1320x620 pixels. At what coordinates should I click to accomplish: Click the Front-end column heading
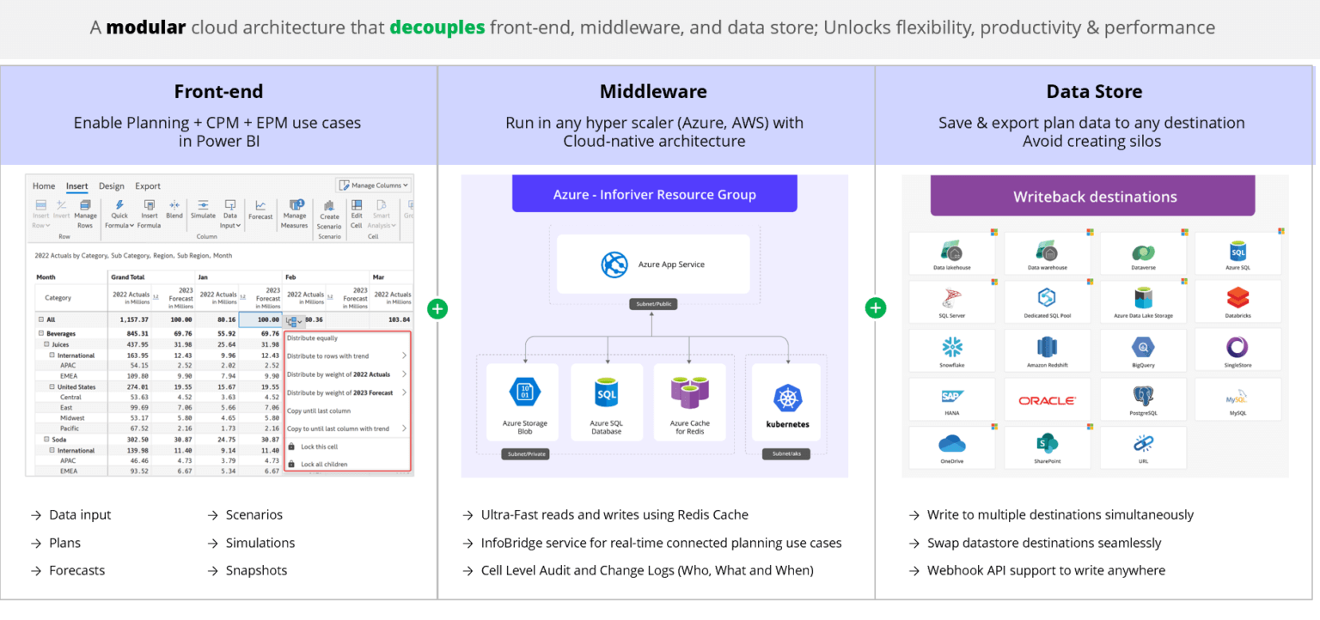pos(218,92)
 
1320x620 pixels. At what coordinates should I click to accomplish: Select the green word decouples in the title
pos(437,27)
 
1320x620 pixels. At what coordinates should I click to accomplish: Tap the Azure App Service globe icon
pos(614,264)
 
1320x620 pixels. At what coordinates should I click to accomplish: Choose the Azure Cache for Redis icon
pos(689,392)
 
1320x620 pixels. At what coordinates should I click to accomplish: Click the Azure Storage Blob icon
pos(524,392)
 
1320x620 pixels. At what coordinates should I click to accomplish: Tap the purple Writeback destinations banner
pos(1094,197)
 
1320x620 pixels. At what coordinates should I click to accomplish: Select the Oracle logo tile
pos(1047,400)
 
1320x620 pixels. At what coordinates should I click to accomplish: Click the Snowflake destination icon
pos(952,347)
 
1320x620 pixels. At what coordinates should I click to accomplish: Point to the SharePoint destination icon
pos(1047,444)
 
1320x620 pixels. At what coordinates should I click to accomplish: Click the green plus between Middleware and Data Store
pos(876,307)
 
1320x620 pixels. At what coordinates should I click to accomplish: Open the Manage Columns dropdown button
pos(374,185)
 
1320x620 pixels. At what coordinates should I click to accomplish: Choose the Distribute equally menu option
pos(313,338)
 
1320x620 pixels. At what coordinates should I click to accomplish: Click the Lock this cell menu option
pos(319,447)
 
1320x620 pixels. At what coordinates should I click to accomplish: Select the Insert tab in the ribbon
pos(77,186)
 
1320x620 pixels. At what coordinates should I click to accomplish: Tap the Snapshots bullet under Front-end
pos(256,570)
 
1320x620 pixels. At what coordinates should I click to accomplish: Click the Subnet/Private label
pos(524,453)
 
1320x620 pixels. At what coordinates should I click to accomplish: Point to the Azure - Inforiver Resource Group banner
pos(654,194)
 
